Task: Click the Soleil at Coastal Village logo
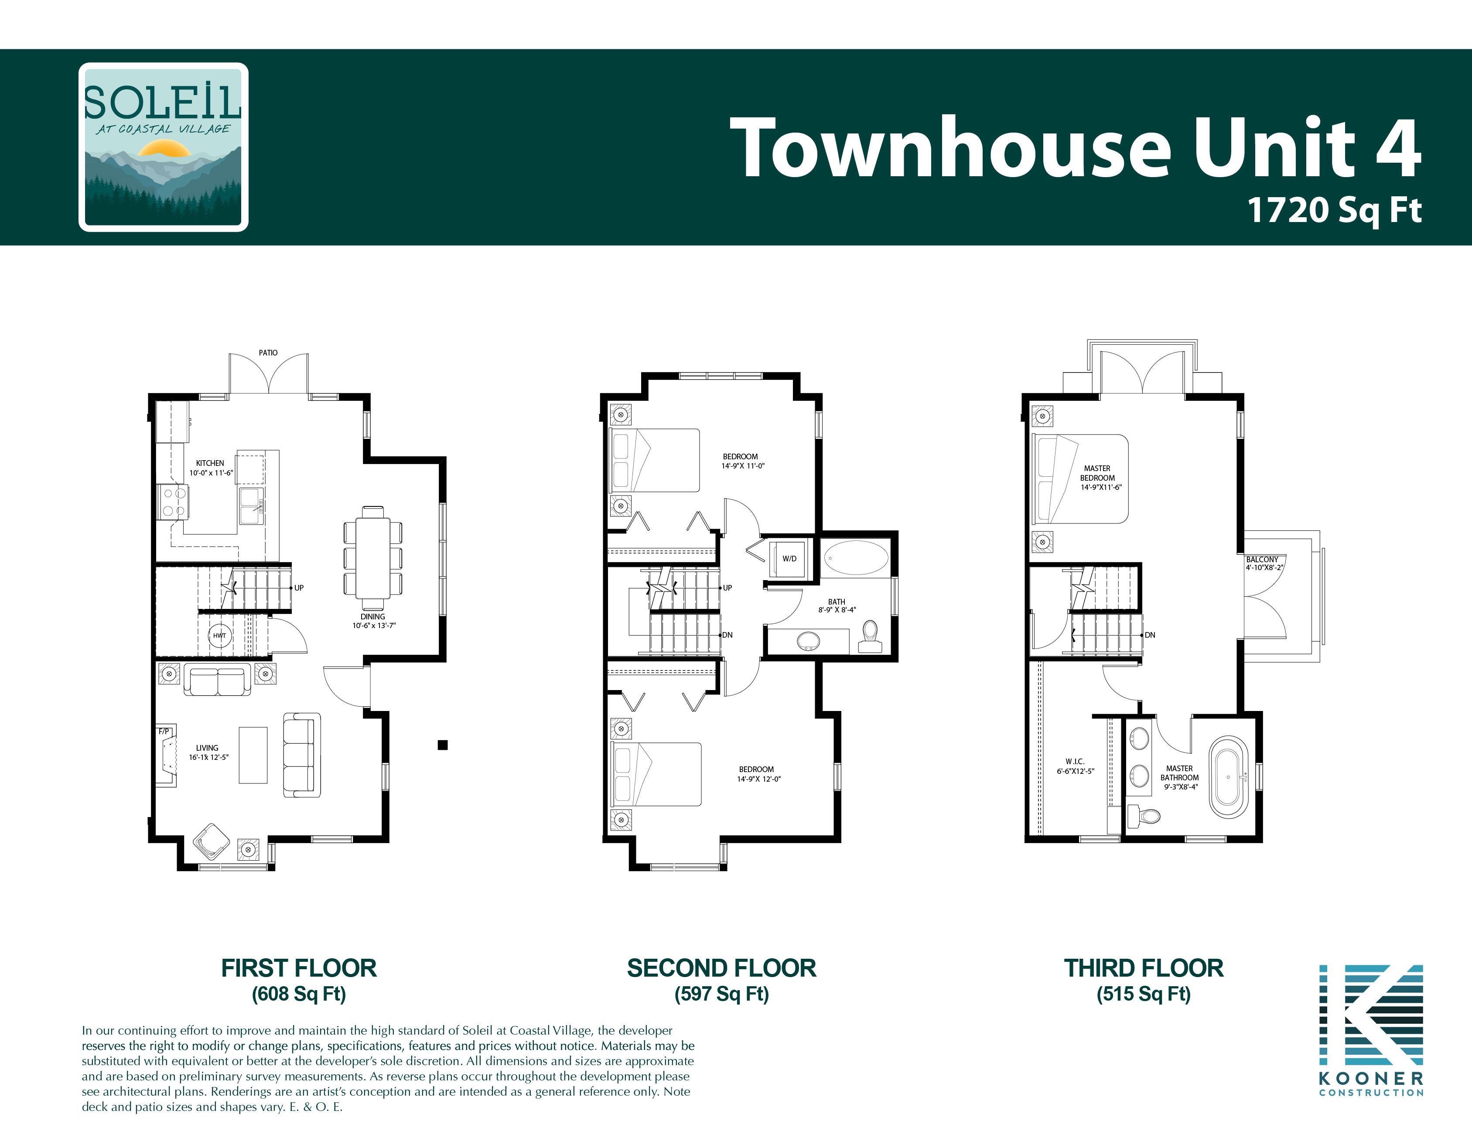click(x=163, y=147)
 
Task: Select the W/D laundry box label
click(x=789, y=559)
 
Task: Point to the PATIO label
click(x=268, y=352)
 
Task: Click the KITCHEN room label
click(x=210, y=463)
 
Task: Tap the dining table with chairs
click(x=373, y=553)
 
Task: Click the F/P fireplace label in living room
click(x=164, y=731)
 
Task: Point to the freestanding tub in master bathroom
click(x=1228, y=777)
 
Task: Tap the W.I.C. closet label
click(x=1075, y=762)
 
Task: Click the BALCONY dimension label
click(x=1264, y=564)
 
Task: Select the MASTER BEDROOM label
click(x=1097, y=473)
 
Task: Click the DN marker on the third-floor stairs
click(x=1150, y=635)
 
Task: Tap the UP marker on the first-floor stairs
click(x=299, y=588)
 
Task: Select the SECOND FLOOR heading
click(x=721, y=968)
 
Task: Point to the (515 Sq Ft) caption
click(x=1143, y=994)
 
